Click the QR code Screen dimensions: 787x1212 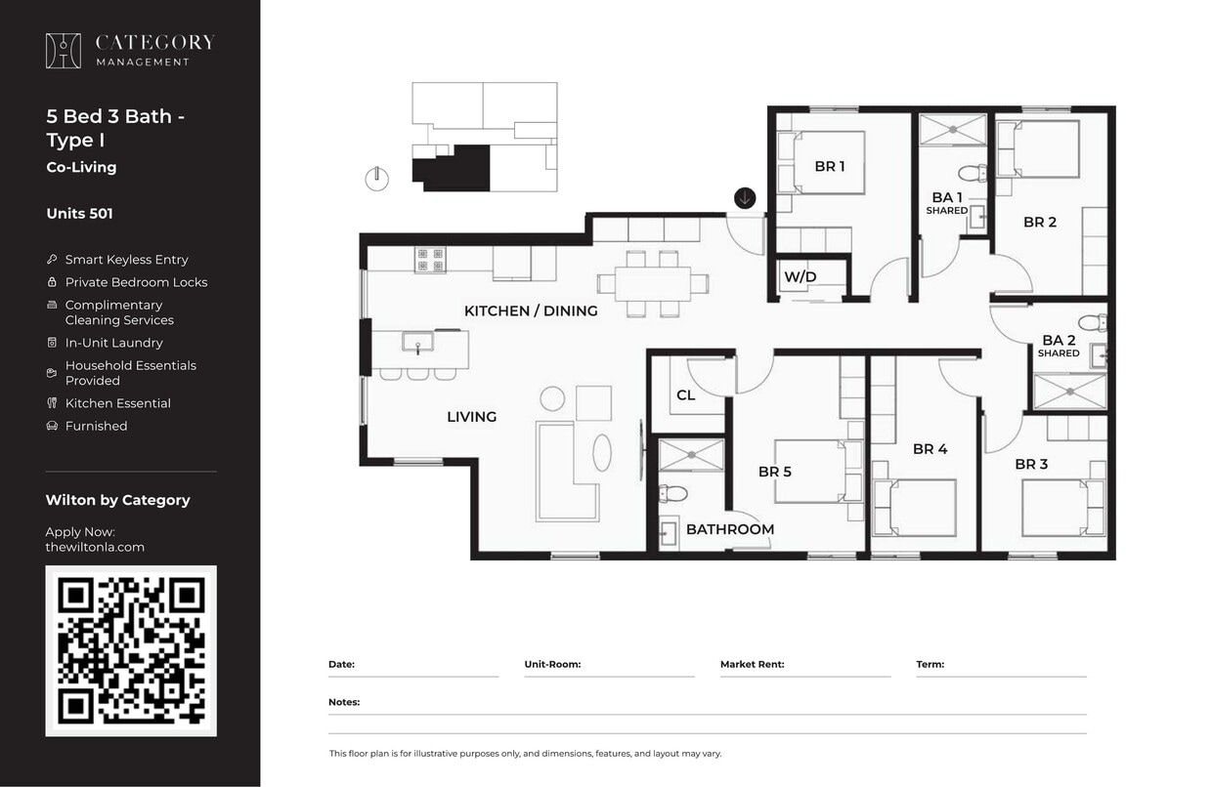131,650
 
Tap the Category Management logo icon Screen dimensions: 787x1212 64,51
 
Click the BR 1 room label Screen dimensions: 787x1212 829,166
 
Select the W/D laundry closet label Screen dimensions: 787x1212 800,277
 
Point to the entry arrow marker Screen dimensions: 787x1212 745,198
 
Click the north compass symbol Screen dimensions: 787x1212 376,179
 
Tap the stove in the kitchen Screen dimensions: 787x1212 430,259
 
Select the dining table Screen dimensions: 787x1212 653,283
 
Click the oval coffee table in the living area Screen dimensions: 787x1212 602,453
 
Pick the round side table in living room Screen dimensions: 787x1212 552,398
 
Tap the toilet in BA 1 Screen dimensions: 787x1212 972,174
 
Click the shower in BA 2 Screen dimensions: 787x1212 1070,392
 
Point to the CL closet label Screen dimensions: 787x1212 685,395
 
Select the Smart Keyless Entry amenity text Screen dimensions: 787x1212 126,260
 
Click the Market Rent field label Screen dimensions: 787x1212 752,664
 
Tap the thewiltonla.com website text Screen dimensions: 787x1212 95,547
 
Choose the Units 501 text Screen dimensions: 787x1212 79,213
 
